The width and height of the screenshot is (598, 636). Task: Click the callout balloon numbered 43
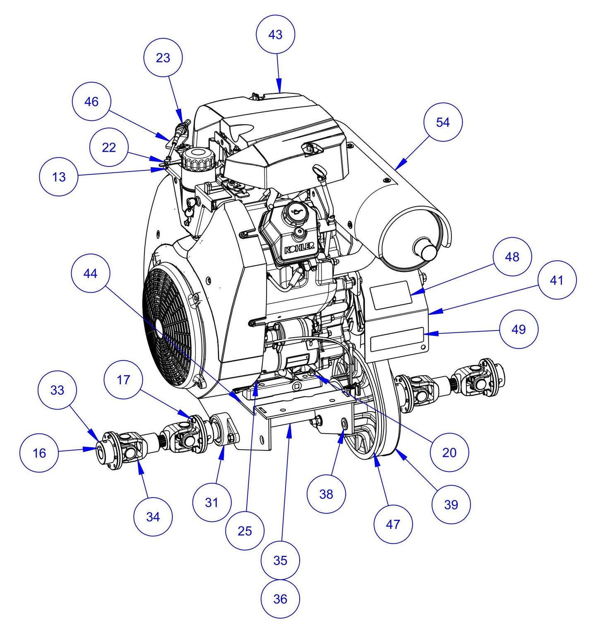[x=275, y=35]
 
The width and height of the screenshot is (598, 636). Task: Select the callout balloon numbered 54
[x=443, y=122]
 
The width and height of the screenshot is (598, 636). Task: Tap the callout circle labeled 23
[x=163, y=58]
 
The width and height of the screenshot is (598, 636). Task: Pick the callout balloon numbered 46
[x=91, y=102]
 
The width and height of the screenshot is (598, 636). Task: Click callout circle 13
[x=59, y=177]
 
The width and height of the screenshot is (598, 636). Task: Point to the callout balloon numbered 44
[x=90, y=274]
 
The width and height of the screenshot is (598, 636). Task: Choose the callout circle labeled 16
[x=39, y=453]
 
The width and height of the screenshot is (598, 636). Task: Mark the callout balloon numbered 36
[x=280, y=599]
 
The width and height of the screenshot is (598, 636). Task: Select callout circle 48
[x=512, y=257]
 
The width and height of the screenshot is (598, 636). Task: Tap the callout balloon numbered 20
[x=449, y=453]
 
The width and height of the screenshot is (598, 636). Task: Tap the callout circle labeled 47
[x=393, y=524]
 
